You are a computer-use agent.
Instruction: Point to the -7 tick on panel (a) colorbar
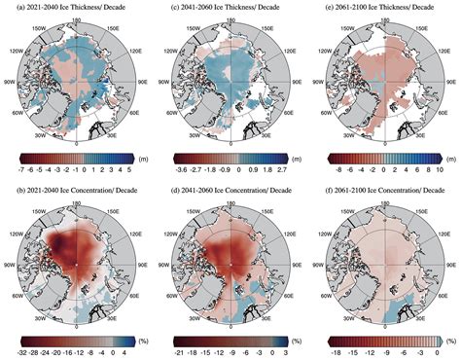21,166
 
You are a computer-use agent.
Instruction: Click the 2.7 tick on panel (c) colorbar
278,166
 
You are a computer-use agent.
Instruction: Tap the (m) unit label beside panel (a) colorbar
138,156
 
